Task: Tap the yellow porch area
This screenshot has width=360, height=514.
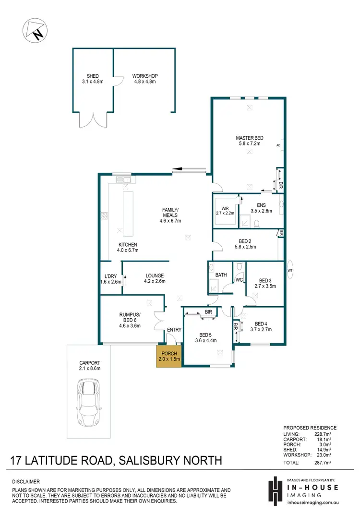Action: point(168,356)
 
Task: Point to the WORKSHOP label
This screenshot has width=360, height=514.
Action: point(145,76)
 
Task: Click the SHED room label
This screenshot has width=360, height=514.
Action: point(93,76)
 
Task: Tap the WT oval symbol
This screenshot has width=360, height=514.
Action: point(290,269)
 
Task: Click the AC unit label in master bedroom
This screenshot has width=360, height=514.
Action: point(278,145)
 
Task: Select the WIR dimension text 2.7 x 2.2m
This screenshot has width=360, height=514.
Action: point(225,213)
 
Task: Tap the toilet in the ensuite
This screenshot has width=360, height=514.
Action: point(257,223)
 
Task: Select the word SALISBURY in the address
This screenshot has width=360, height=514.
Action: point(155,461)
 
